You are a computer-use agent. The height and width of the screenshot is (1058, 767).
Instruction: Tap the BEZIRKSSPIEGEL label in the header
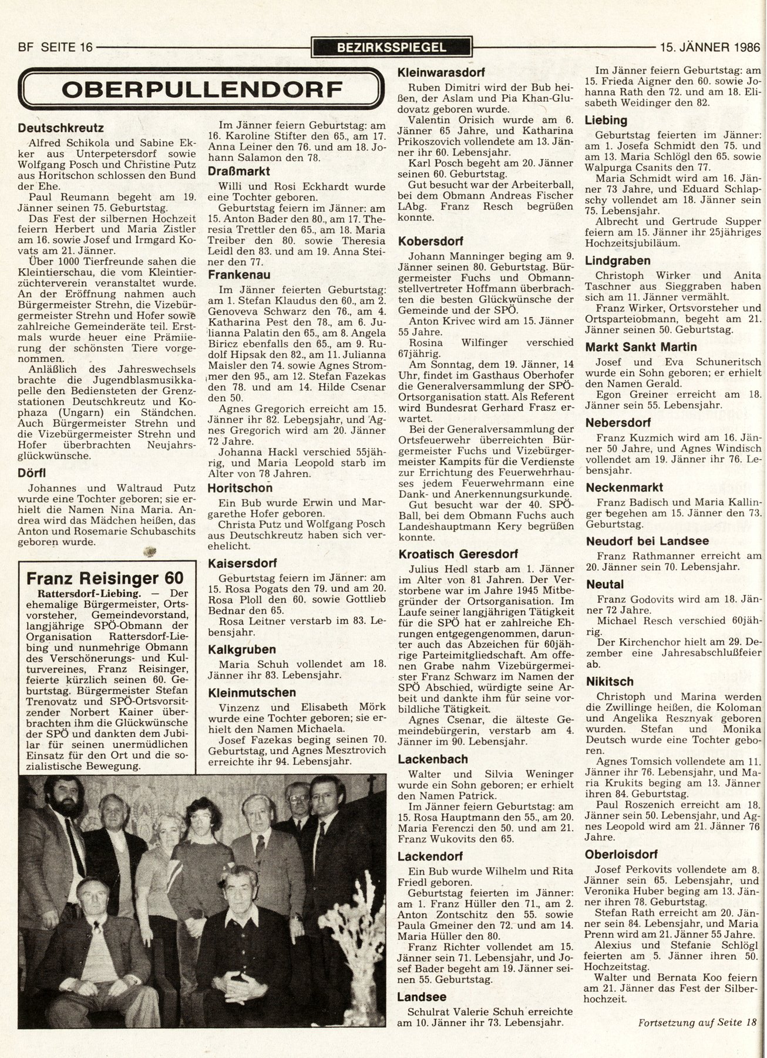pyautogui.click(x=392, y=48)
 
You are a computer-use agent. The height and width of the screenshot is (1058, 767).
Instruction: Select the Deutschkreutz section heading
pyautogui.click(x=61, y=128)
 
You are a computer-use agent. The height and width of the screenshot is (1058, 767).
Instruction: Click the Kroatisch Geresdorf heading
pyautogui.click(x=457, y=554)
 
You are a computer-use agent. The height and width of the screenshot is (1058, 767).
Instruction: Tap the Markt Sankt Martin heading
pyautogui.click(x=633, y=347)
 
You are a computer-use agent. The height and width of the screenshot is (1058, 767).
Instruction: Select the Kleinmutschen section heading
pyautogui.click(x=252, y=692)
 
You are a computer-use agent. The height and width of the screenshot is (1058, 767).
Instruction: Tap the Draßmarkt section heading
pyautogui.click(x=238, y=171)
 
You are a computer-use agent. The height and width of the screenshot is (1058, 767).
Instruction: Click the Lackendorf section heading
pyautogui.click(x=430, y=856)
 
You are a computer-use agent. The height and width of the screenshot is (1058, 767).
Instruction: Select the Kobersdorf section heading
pyautogui.click(x=430, y=241)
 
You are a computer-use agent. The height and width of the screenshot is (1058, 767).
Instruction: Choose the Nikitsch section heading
pyautogui.click(x=609, y=681)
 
